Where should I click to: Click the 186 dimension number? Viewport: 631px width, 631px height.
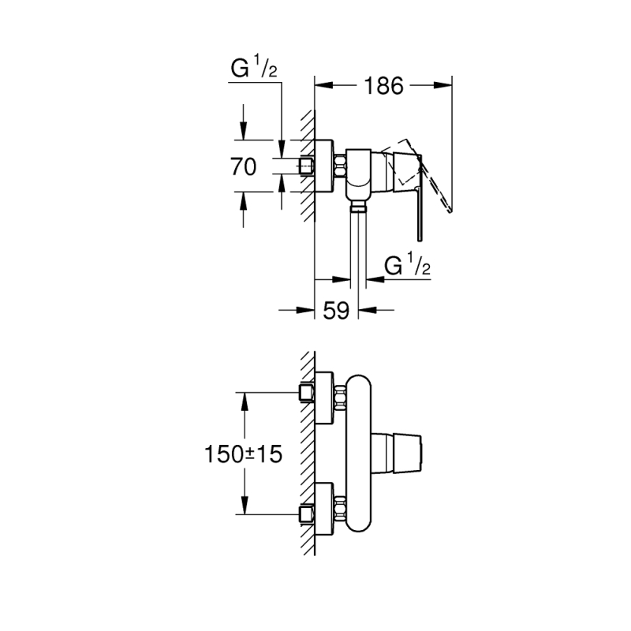pyautogui.click(x=383, y=86)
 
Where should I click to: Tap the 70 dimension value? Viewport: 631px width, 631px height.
pyautogui.click(x=244, y=166)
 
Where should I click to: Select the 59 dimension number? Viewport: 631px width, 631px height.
pyautogui.click(x=336, y=310)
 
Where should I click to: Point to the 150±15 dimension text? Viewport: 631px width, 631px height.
pyautogui.click(x=244, y=454)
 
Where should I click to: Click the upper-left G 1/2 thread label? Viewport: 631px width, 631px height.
pyautogui.click(x=254, y=69)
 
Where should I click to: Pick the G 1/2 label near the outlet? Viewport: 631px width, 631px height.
pyautogui.click(x=407, y=265)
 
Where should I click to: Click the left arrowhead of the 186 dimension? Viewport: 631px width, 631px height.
pyautogui.click(x=324, y=85)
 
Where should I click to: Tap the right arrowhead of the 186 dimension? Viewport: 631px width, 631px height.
pyautogui.click(x=442, y=85)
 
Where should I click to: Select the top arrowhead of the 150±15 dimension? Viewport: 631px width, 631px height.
pyautogui.click(x=244, y=401)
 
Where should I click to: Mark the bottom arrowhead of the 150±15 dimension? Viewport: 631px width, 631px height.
pyautogui.click(x=244, y=505)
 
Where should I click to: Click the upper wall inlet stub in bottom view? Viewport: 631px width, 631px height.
pyautogui.click(x=307, y=392)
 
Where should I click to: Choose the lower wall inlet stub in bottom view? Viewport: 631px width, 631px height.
pyautogui.click(x=307, y=514)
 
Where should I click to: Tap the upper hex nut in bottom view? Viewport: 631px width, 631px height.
pyautogui.click(x=340, y=398)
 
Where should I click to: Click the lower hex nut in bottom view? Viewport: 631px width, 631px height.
pyautogui.click(x=340, y=508)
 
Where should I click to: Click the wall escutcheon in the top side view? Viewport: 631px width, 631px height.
pyautogui.click(x=324, y=166)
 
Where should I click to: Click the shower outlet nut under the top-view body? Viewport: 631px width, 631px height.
pyautogui.click(x=358, y=208)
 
